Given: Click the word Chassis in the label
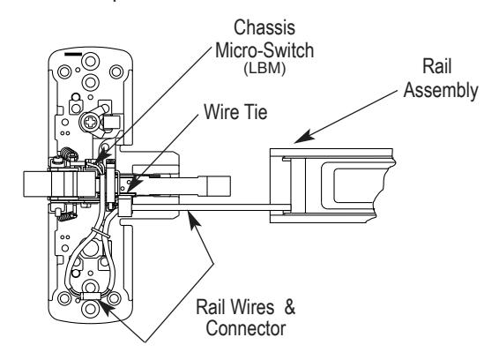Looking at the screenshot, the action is click(x=264, y=27).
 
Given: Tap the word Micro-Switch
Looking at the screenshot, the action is click(x=264, y=50).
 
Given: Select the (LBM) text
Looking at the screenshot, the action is click(x=264, y=68).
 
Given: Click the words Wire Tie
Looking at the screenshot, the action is click(x=235, y=111).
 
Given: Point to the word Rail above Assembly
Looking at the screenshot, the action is click(x=436, y=66).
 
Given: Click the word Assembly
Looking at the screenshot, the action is click(x=441, y=90).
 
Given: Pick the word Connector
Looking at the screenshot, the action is click(x=246, y=328).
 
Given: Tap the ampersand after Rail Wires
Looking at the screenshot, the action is click(x=289, y=307).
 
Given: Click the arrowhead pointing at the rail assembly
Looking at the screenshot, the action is click(x=303, y=137).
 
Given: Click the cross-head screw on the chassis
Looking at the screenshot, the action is click(x=91, y=123).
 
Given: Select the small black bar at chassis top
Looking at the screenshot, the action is click(x=73, y=55).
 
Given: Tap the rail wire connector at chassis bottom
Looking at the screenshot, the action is click(x=92, y=296).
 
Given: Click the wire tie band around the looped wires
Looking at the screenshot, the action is click(x=101, y=233).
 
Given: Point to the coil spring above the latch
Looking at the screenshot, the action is click(x=68, y=154).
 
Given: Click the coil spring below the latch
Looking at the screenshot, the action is click(x=66, y=215).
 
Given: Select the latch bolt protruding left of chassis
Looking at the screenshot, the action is click(x=36, y=184).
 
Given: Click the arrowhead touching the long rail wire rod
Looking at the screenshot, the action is click(x=194, y=220).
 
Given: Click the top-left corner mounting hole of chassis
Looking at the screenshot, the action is click(x=64, y=71).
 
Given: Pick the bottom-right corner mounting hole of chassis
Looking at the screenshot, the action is click(x=114, y=298).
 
